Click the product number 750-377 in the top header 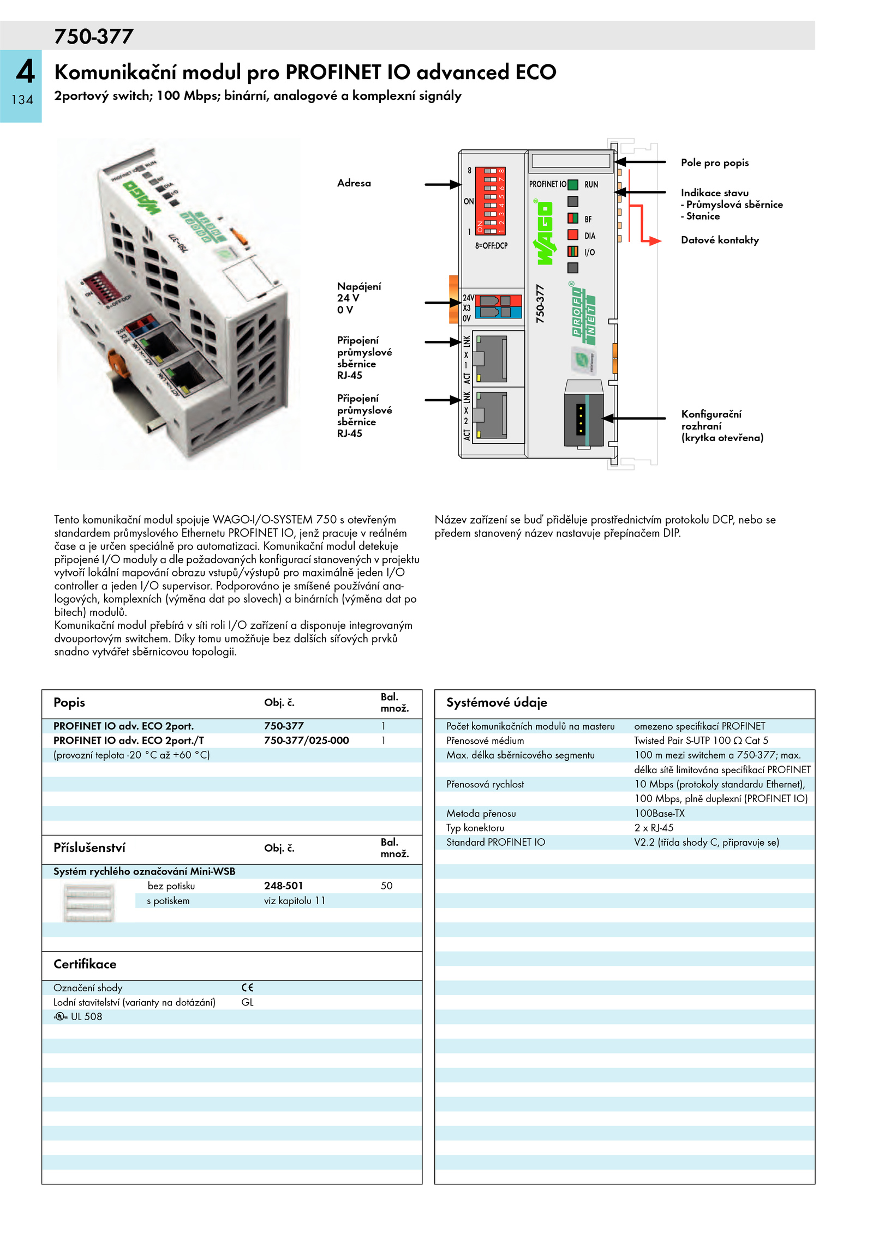click(x=94, y=37)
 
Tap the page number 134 click(x=22, y=100)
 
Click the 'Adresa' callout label click(x=354, y=183)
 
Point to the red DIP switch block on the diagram click(x=491, y=201)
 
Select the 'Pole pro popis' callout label click(x=715, y=162)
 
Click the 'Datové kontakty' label click(x=720, y=240)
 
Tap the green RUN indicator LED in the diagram click(x=573, y=184)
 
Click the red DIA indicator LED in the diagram click(x=573, y=235)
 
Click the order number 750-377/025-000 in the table click(x=307, y=741)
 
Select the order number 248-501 click(x=283, y=886)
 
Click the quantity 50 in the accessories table click(x=387, y=886)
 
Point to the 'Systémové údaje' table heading click(x=497, y=702)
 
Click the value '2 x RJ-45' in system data click(x=654, y=828)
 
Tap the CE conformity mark click(x=247, y=988)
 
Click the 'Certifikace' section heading click(x=85, y=964)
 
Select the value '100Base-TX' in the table click(x=659, y=813)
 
